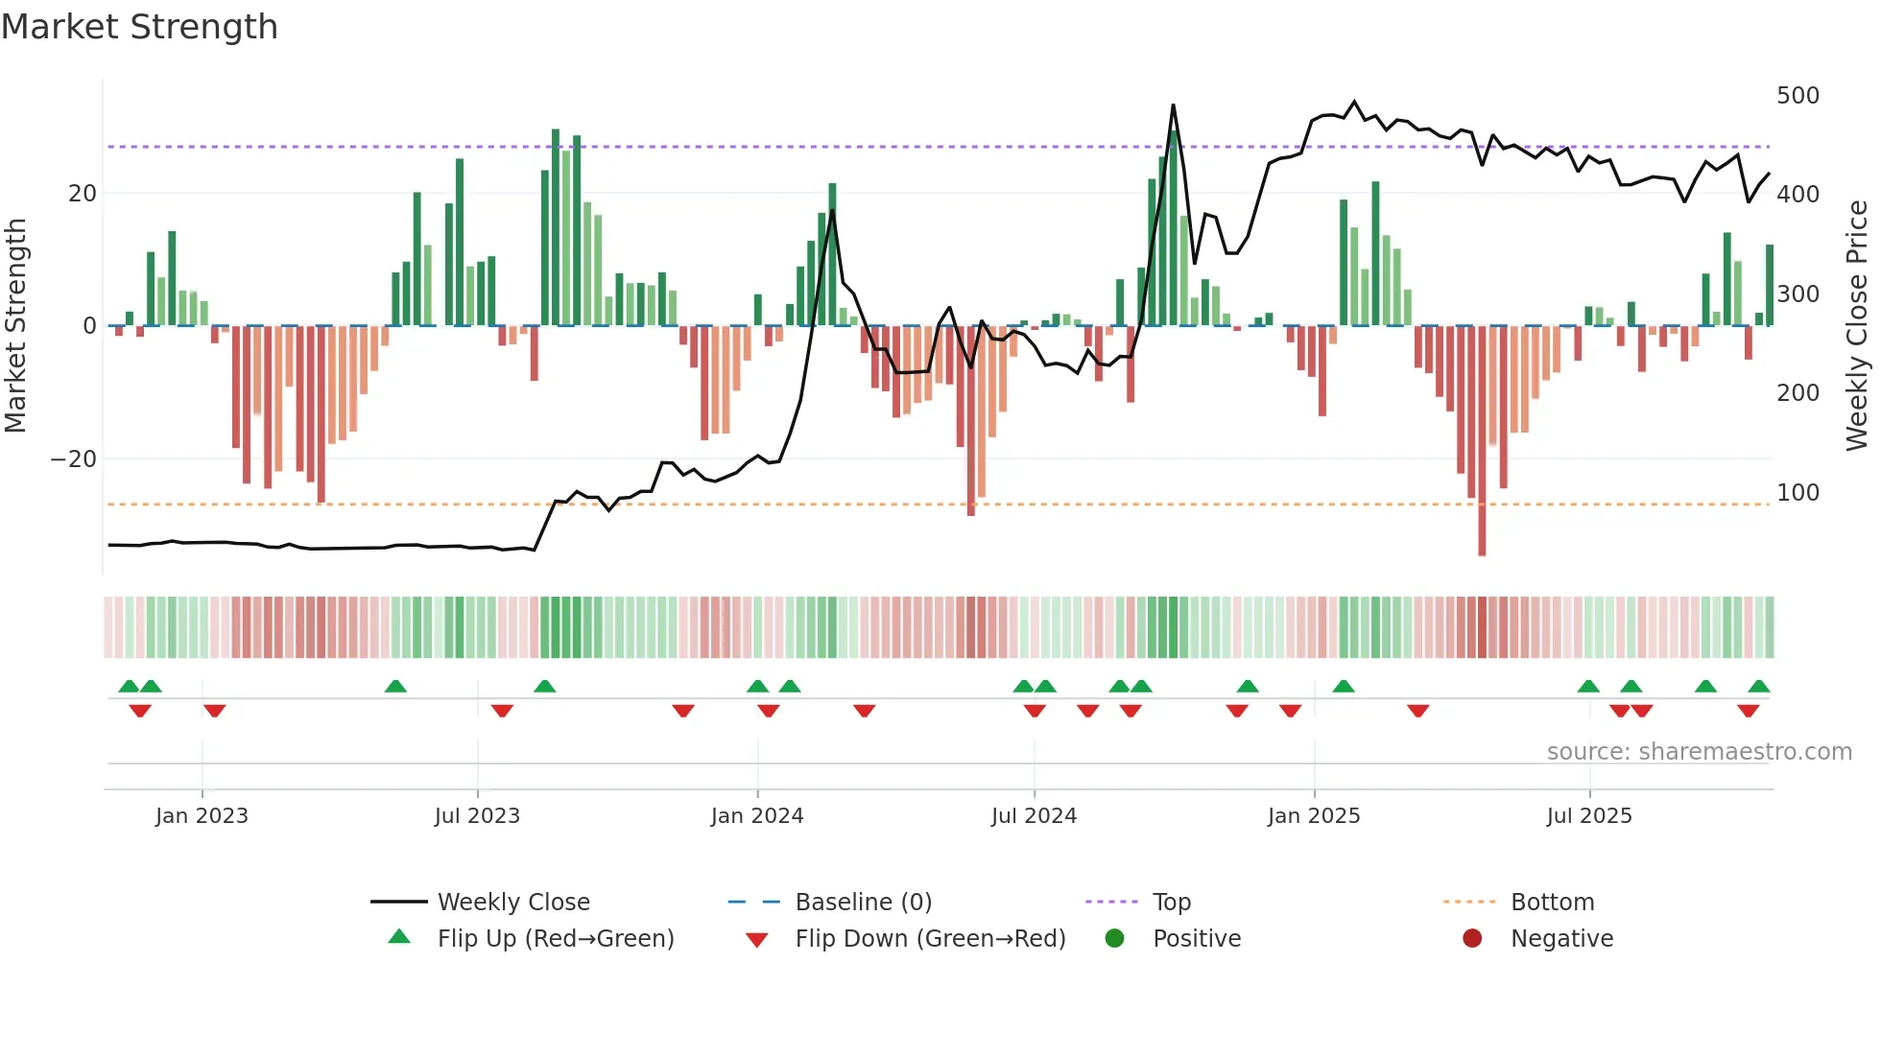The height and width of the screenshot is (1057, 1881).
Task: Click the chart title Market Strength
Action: [139, 27]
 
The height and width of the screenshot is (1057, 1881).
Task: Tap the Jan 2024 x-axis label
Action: [757, 816]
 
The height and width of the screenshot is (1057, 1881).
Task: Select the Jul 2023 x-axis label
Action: [477, 816]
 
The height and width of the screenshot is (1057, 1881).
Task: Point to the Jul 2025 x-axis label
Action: [1589, 816]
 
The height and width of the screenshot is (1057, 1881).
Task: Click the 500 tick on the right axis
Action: [1798, 96]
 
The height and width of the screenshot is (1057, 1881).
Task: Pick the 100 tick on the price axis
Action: [1798, 493]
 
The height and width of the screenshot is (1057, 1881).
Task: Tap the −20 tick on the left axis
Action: [74, 459]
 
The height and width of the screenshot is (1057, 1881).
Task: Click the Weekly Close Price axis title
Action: [1857, 326]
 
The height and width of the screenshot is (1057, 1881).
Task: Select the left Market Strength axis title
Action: [16, 326]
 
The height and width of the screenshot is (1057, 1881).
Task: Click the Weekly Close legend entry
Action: [512, 903]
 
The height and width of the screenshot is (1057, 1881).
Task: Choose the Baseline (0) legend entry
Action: [863, 903]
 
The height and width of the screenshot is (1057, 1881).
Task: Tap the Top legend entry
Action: [1171, 903]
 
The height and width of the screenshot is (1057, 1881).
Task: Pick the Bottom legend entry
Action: [1552, 903]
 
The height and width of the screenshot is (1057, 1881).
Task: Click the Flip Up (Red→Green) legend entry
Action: [555, 939]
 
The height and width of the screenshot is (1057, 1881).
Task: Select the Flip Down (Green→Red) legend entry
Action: [929, 939]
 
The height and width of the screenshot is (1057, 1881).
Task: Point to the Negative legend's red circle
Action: [1472, 939]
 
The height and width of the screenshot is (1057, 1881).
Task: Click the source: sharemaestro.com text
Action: [1699, 752]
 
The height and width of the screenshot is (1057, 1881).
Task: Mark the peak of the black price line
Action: [1173, 106]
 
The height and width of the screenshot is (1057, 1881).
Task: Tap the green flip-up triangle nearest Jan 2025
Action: [1344, 687]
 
